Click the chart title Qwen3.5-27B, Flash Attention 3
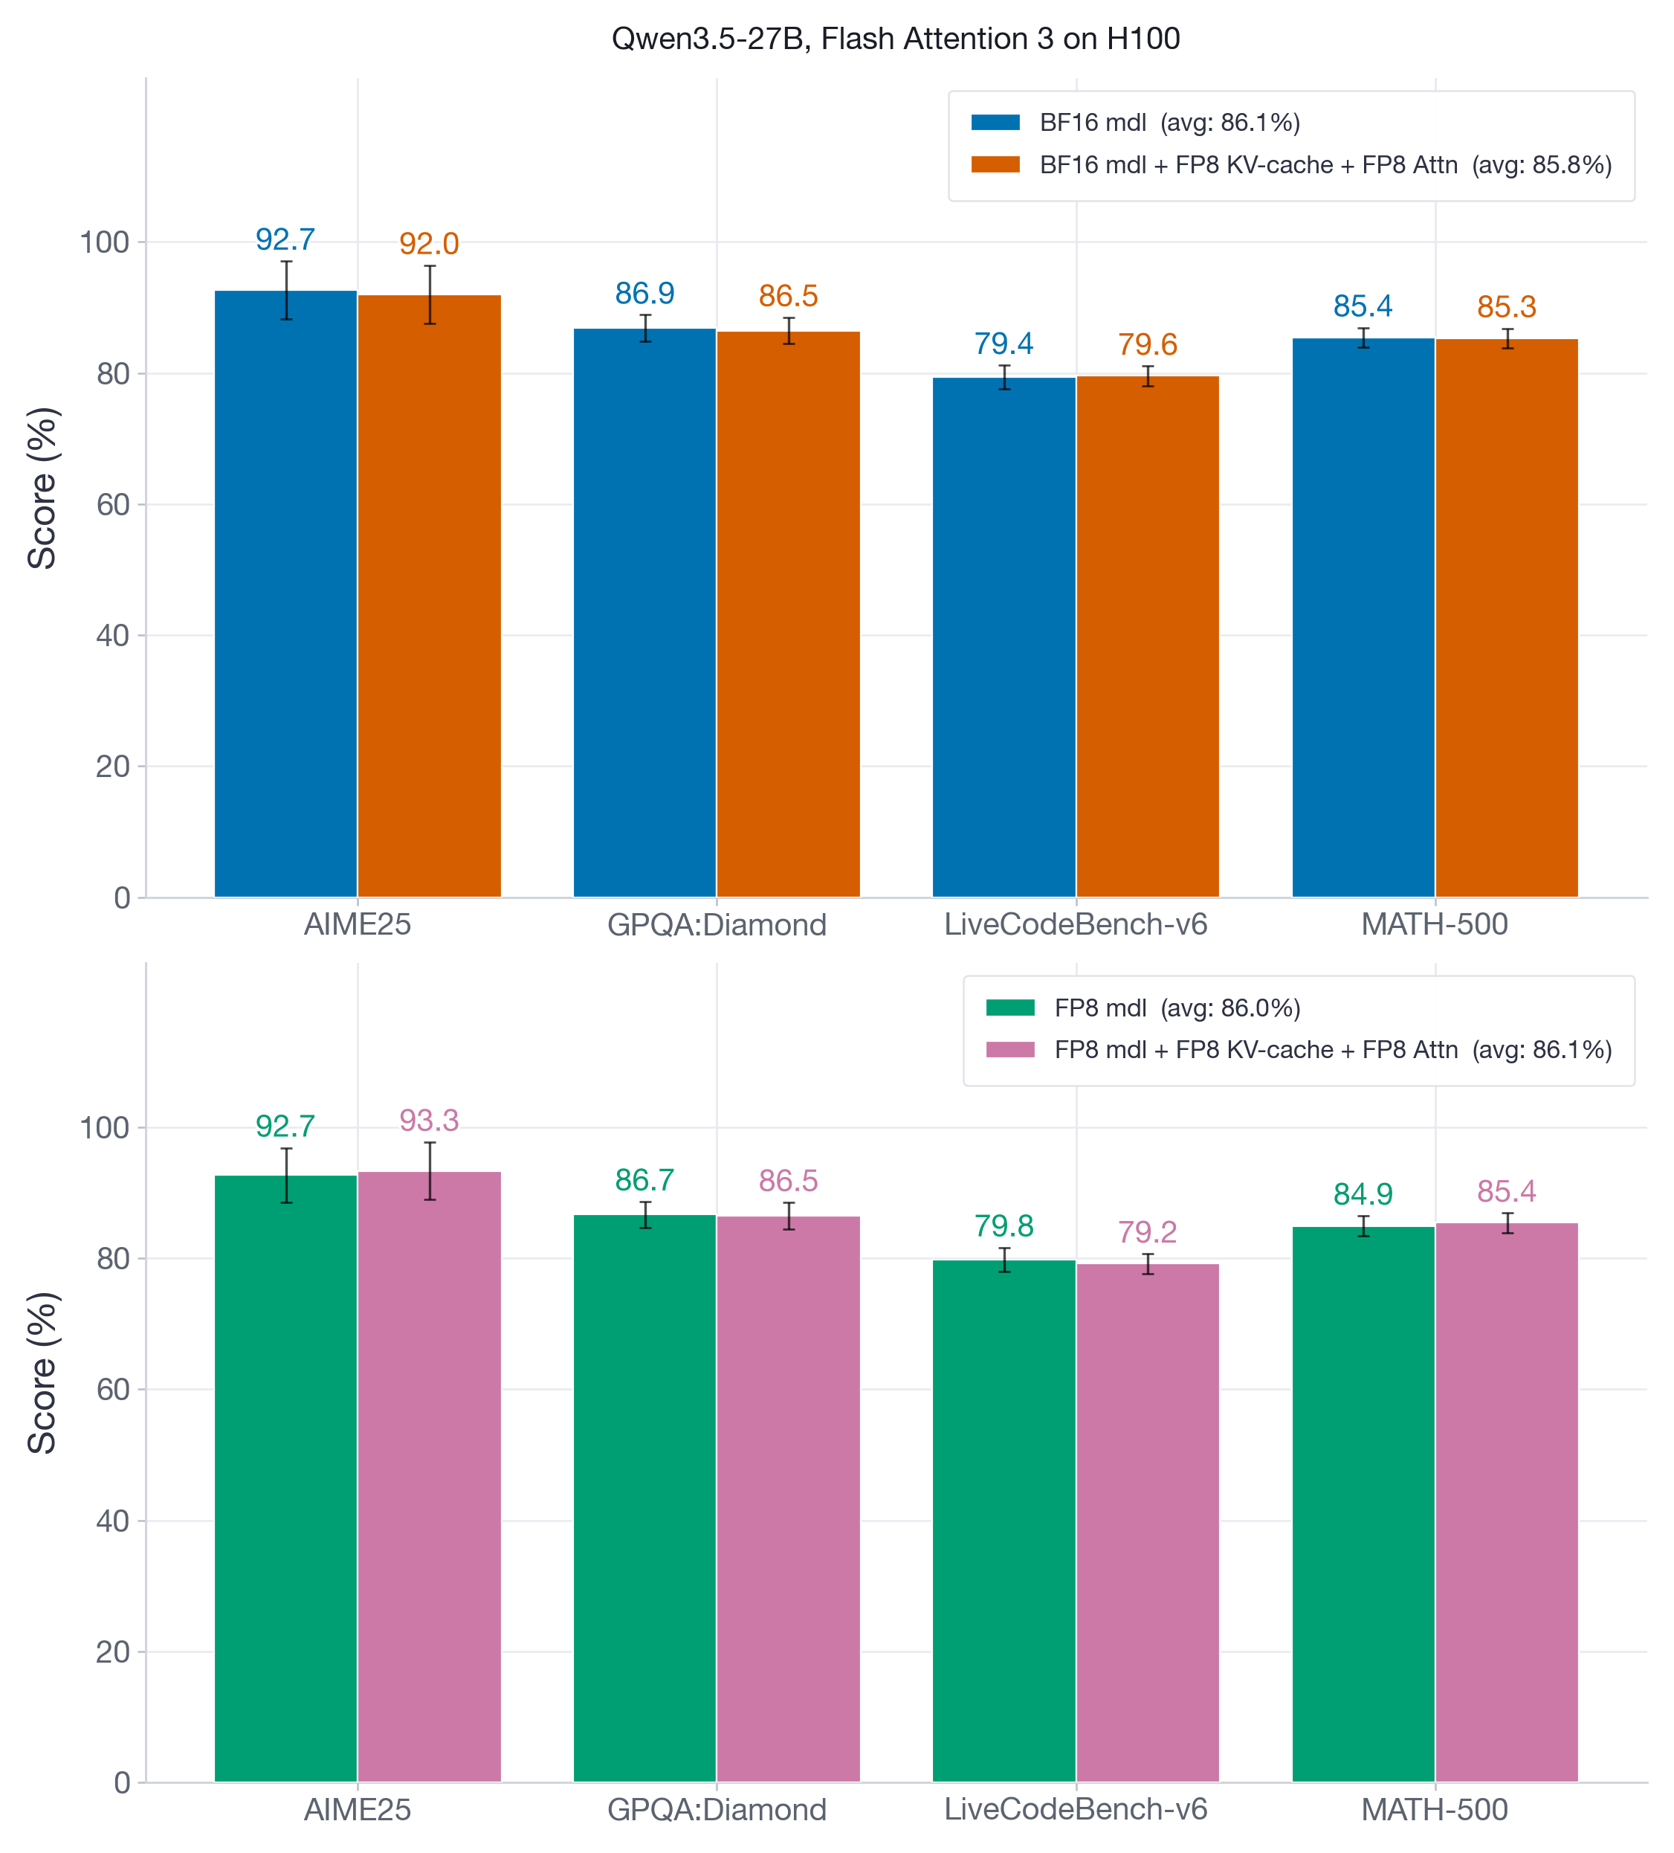895,39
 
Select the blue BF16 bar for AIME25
285,597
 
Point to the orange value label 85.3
1506,307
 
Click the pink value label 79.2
1147,1231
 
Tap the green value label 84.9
1363,1194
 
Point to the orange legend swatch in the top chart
995,164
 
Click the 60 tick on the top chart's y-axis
113,505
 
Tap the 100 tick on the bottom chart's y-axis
105,1128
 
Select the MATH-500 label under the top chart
1434,924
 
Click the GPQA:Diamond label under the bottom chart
717,1809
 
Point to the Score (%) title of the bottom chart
42,1373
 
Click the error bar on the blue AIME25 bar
287,291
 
